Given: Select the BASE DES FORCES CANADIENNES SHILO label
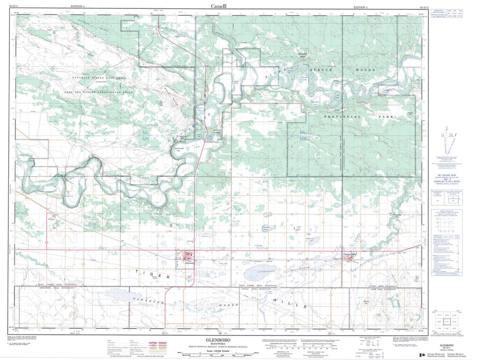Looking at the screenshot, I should [99, 92].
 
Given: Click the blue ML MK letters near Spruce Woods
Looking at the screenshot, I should [303, 136].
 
